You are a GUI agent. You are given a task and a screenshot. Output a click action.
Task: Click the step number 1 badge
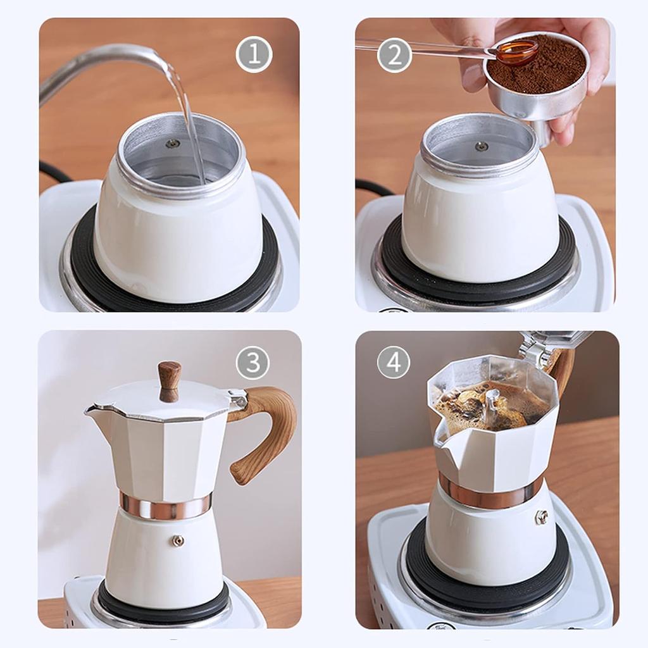click(x=254, y=55)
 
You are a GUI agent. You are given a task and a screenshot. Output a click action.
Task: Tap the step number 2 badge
click(x=394, y=56)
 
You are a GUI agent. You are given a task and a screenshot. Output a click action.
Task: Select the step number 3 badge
click(x=252, y=363)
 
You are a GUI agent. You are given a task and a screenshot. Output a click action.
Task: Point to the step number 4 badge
click(x=394, y=363)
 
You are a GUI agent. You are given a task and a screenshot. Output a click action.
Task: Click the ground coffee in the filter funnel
click(x=538, y=66)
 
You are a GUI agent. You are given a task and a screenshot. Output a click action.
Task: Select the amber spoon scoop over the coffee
click(x=516, y=52)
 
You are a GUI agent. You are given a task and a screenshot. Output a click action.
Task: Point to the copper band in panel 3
click(x=166, y=506)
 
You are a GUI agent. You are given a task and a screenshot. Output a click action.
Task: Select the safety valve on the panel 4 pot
click(x=542, y=517)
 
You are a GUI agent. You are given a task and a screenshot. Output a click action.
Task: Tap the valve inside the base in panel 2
click(x=481, y=146)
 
